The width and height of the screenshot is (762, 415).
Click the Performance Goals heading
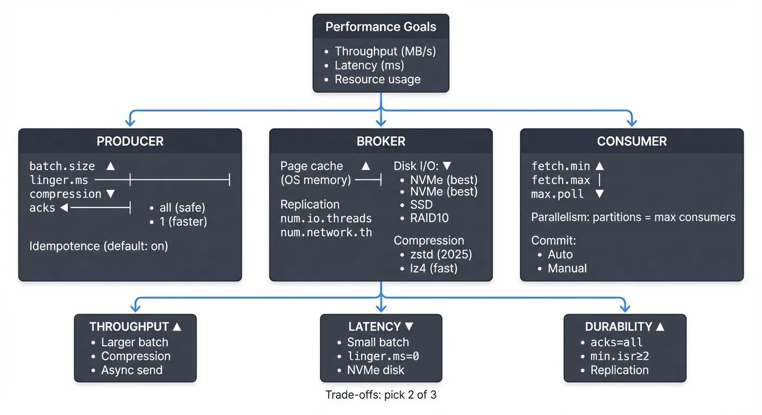pos(380,27)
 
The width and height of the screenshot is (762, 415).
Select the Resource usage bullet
pos(377,79)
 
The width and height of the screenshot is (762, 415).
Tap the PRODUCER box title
pos(130,142)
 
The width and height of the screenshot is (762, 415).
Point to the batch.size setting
pos(62,166)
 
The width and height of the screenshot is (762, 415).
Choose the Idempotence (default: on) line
pos(98,246)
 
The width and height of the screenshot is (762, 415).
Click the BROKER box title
pos(380,142)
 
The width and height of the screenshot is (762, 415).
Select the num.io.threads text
pos(326,218)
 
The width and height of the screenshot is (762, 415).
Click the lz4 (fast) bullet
pos(434,268)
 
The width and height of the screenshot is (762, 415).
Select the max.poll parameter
pos(557,194)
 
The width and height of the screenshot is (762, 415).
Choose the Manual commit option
pos(567,268)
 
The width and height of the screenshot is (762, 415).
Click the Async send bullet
pos(132,370)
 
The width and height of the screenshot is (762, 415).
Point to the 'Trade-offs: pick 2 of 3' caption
pos(381,395)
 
